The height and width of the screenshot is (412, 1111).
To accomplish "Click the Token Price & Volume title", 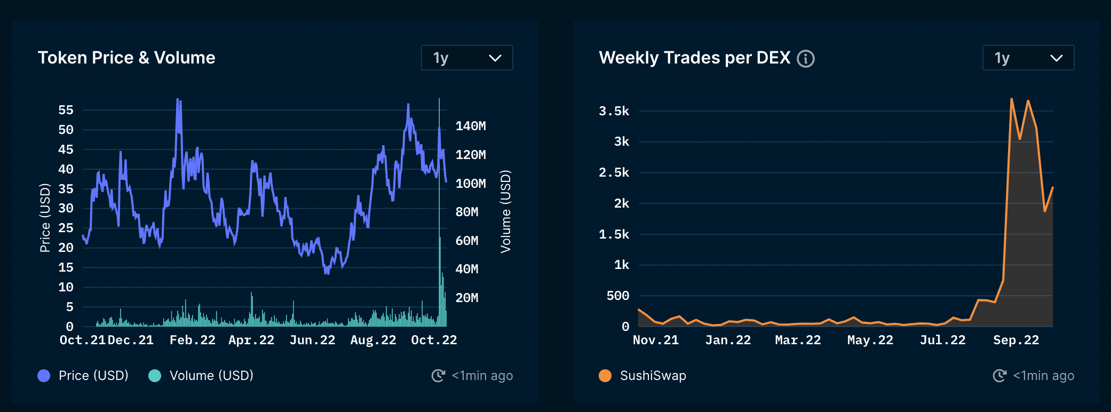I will coord(126,58).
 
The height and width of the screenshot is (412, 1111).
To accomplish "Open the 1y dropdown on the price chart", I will coord(467,58).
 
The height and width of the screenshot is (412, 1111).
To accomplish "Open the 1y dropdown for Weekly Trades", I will coord(1028,58).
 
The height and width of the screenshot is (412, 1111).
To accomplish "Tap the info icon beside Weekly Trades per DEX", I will coord(806,58).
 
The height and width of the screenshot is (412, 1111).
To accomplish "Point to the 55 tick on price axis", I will coord(66,110).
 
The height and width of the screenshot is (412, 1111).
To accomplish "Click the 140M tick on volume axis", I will coord(470,126).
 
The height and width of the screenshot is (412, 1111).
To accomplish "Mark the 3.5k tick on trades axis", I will coord(614,111).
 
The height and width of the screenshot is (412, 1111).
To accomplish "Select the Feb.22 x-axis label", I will coord(192,340).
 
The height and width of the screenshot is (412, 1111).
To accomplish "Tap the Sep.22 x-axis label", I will coord(1016,340).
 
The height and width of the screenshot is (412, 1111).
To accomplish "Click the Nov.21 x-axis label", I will coord(656,340).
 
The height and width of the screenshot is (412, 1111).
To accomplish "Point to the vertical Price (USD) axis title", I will coord(45,217).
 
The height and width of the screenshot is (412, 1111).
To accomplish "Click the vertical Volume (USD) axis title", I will coord(505,211).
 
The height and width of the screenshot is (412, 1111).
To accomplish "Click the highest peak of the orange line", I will coord(1011,99).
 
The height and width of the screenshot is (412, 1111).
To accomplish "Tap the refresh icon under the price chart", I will coord(438,376).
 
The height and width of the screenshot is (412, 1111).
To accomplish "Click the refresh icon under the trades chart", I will coord(999,376).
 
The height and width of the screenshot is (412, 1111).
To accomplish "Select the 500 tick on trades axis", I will coord(618,296).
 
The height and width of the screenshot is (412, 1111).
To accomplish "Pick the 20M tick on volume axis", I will coord(466,298).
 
